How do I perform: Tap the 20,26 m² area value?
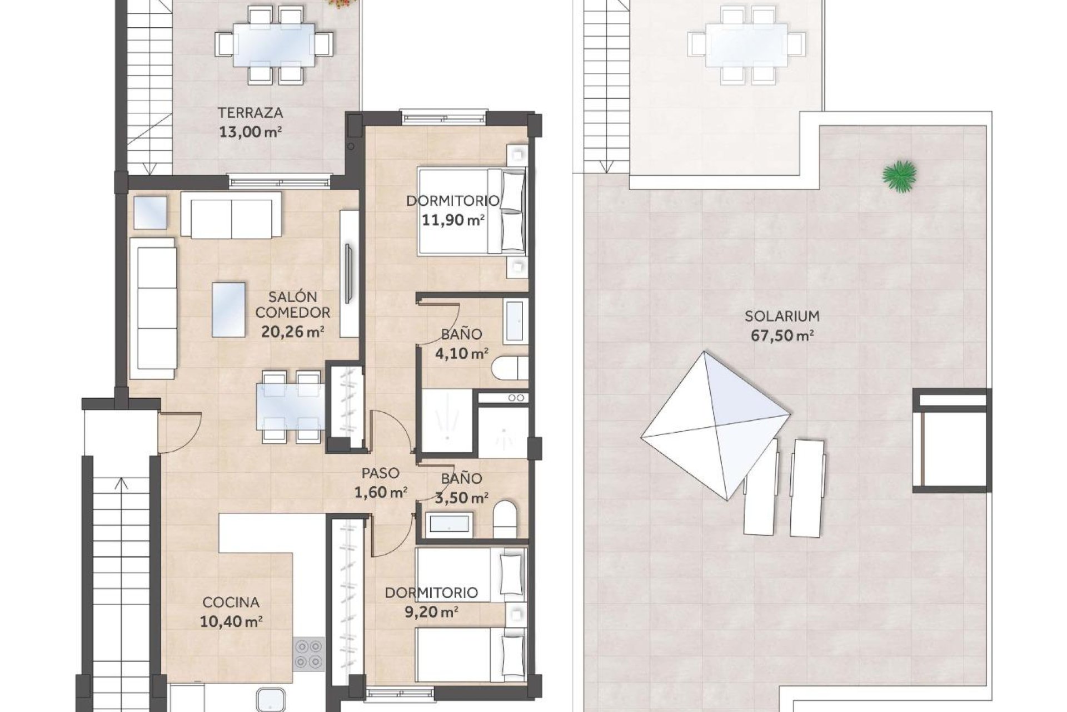pyautogui.click(x=292, y=332)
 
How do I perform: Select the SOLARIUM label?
pyautogui.click(x=782, y=316)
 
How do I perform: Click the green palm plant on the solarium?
pyautogui.click(x=899, y=176)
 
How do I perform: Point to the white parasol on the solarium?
pyautogui.click(x=716, y=425)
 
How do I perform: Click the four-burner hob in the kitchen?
pyautogui.click(x=308, y=654)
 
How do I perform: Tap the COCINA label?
pyautogui.click(x=231, y=602)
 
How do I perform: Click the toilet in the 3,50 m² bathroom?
pyautogui.click(x=505, y=518)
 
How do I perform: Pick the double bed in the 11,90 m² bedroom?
pyautogui.click(x=471, y=211)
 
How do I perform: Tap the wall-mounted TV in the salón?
pyautogui.click(x=348, y=273)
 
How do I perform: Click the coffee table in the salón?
pyautogui.click(x=229, y=310)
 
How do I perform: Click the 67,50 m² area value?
pyautogui.click(x=782, y=336)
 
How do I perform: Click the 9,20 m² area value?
pyautogui.click(x=431, y=612)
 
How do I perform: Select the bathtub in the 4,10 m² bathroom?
pyautogui.click(x=515, y=322)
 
